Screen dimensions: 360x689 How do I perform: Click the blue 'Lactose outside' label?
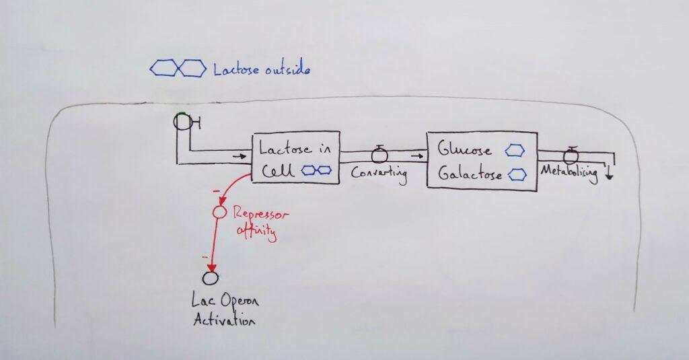[x=262, y=69]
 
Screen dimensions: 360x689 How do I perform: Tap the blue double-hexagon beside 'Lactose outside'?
[x=178, y=68]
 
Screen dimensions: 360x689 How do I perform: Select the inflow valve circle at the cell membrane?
[x=182, y=122]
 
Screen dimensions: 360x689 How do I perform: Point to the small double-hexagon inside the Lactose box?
[x=316, y=171]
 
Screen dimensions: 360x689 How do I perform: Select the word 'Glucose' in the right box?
[x=464, y=149]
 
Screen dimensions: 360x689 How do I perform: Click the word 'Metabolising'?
[x=569, y=173]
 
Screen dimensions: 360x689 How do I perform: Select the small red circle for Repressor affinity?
[x=217, y=213]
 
